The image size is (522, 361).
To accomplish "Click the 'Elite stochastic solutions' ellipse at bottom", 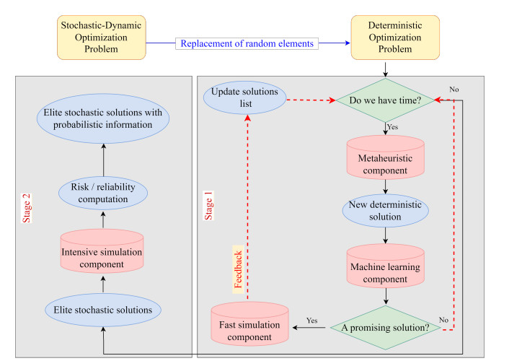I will [102, 310].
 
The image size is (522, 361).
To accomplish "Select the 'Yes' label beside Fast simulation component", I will [311, 320].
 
